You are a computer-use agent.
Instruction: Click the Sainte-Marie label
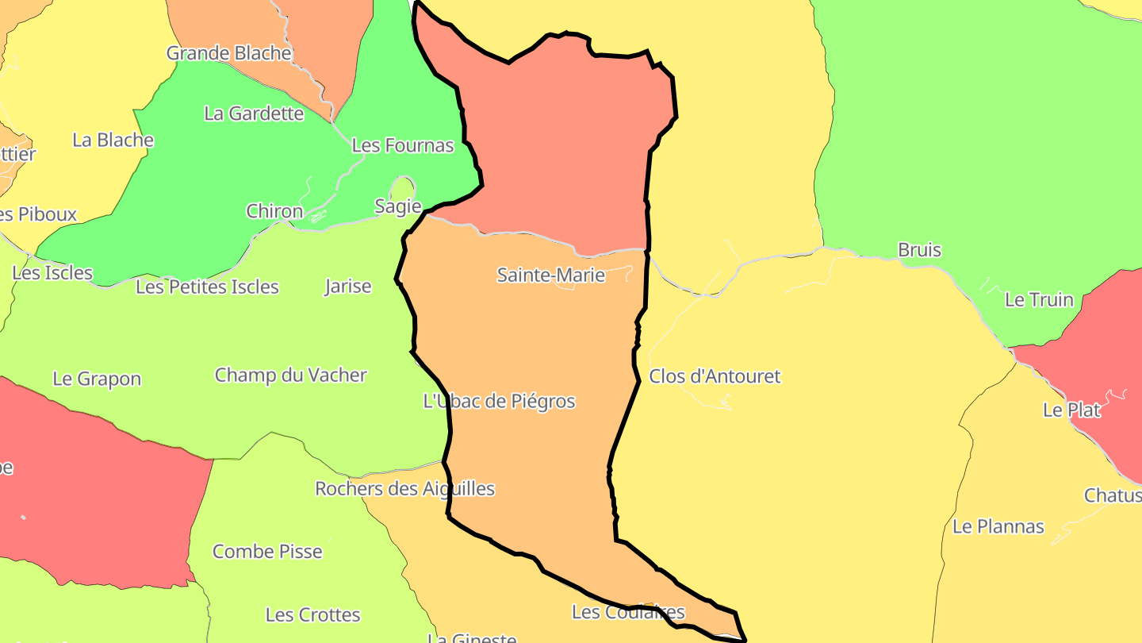tap(550, 275)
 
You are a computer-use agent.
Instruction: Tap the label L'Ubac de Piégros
tap(500, 402)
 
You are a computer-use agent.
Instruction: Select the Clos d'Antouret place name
tap(715, 376)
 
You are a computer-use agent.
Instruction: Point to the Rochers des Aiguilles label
tap(404, 489)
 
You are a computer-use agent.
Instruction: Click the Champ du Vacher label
tap(291, 375)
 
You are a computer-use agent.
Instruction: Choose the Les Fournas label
tap(403, 145)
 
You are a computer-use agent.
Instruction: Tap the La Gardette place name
tap(254, 114)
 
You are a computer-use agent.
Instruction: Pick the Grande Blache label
tap(228, 53)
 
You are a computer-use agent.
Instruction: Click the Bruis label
tap(919, 250)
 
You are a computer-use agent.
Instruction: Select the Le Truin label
tap(1039, 300)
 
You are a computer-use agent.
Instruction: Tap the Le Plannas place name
tap(998, 526)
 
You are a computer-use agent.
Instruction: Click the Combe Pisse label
tap(267, 552)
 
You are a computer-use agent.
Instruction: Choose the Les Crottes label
tap(312, 615)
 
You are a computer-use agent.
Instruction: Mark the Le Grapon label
tap(97, 379)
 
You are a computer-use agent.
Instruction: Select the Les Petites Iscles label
tap(207, 287)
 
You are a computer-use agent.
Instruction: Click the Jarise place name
tap(348, 286)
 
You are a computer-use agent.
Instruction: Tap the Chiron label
tap(274, 211)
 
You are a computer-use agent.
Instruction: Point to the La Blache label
tap(113, 140)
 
